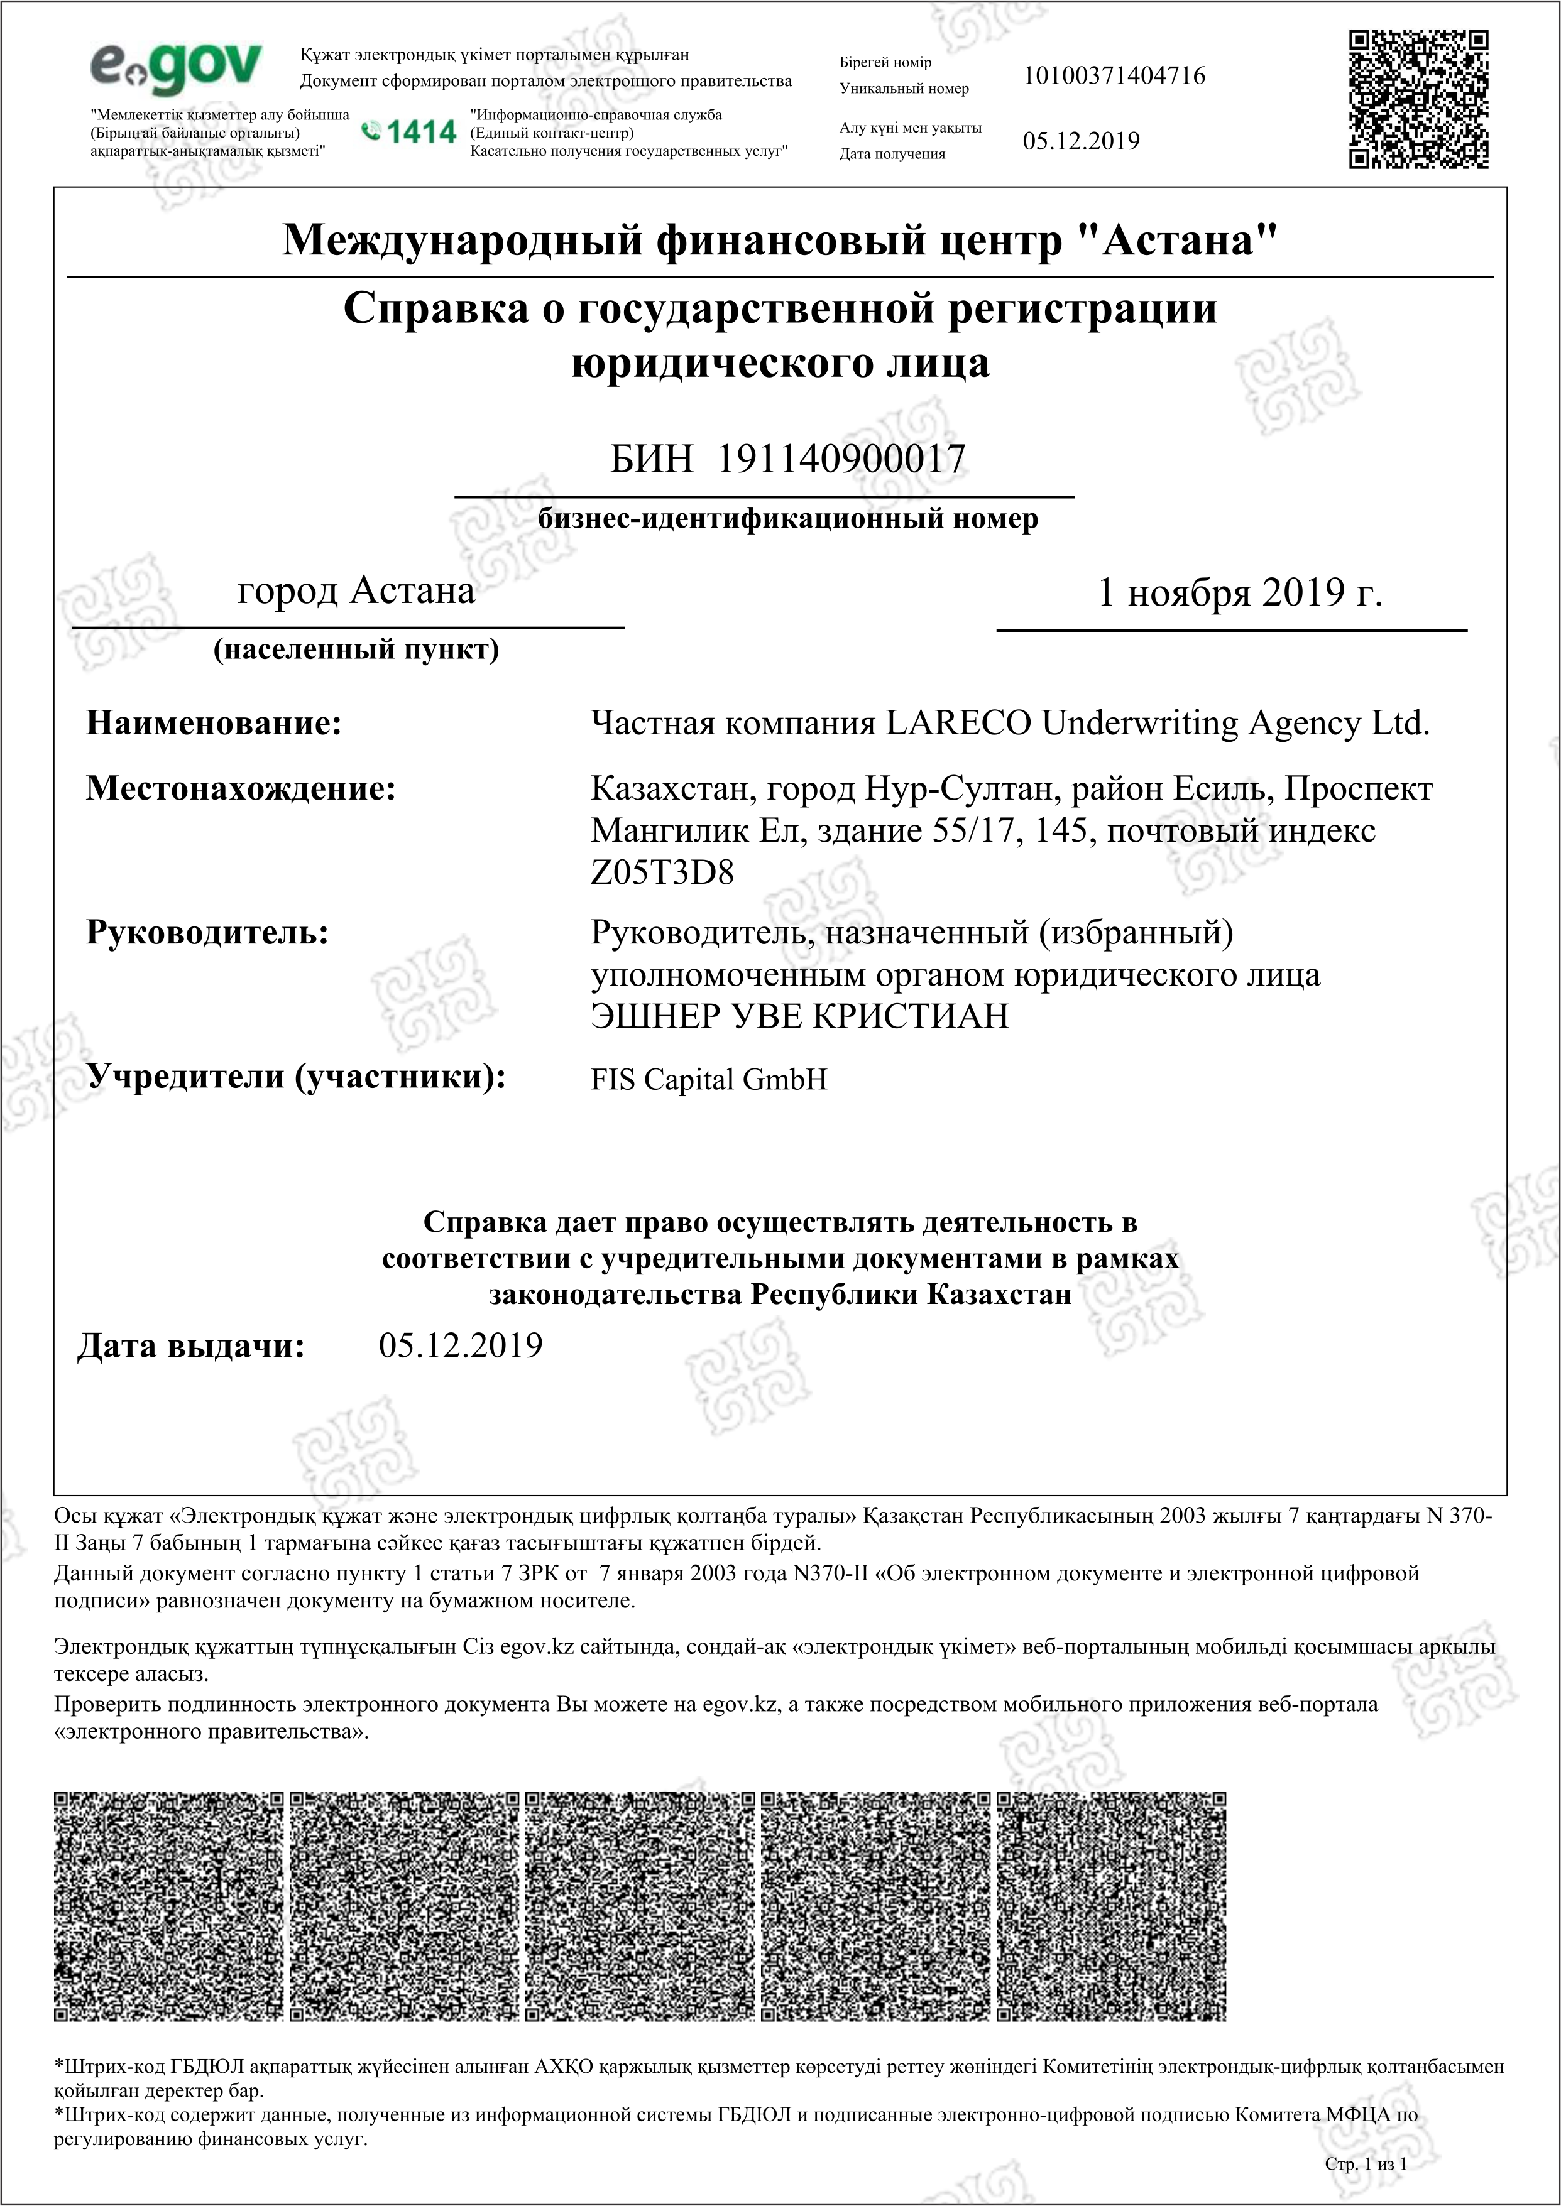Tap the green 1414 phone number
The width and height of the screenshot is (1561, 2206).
410,132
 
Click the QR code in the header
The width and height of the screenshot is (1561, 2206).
1419,99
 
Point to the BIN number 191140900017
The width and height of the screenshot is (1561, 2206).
841,459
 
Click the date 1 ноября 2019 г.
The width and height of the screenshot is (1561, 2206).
1239,593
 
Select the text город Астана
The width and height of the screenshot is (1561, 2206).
356,590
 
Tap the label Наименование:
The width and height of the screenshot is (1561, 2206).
214,722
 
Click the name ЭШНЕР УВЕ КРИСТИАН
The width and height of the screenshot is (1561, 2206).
800,1016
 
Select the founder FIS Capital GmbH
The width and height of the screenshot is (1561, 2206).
708,1080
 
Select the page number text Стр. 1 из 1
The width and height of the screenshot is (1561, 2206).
1365,2164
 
